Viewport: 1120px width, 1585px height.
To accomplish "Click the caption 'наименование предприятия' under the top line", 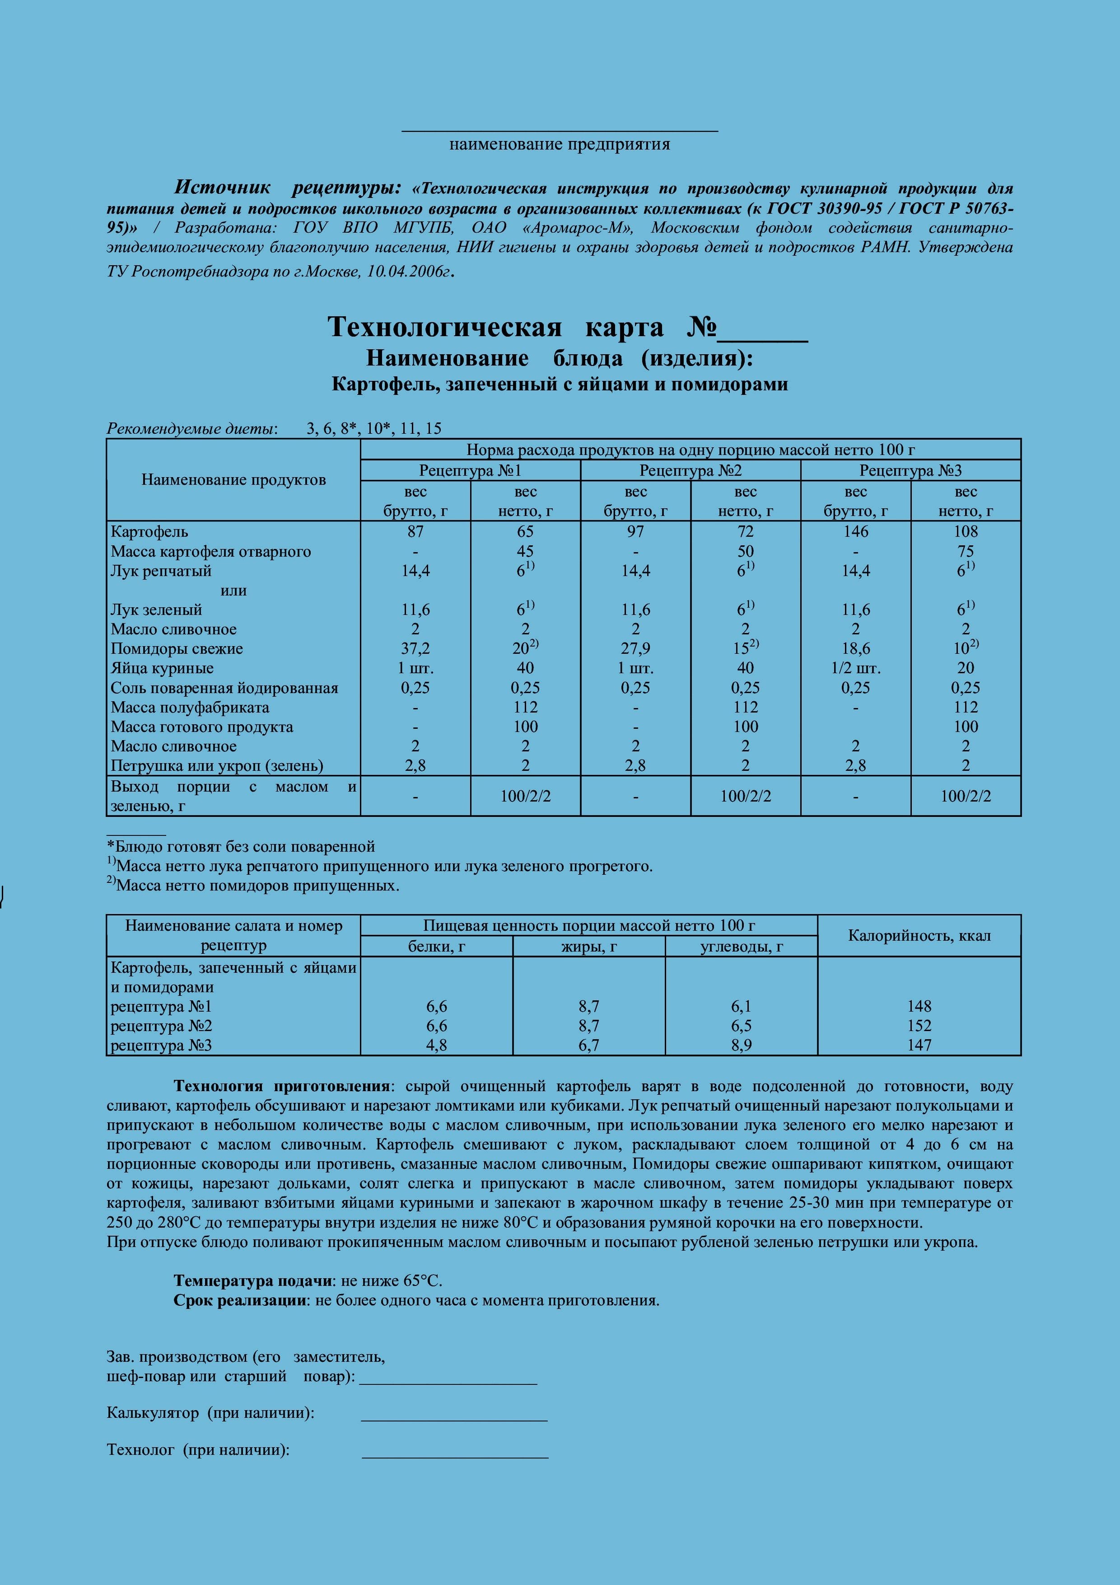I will [559, 144].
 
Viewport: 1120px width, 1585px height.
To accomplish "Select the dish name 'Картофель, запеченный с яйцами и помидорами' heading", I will [559, 385].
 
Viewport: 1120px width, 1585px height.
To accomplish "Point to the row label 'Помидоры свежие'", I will [177, 649].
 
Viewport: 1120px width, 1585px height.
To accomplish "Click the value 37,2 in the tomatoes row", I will [415, 649].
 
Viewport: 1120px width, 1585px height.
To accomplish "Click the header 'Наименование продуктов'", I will [233, 480].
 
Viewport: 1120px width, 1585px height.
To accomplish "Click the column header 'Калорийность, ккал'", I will [919, 936].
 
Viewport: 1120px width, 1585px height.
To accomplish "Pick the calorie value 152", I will [919, 1026].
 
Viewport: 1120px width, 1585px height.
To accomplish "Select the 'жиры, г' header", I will [588, 947].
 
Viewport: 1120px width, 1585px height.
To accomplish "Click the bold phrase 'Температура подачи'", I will [252, 1281].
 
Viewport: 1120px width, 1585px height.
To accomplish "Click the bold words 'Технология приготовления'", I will [281, 1087].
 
